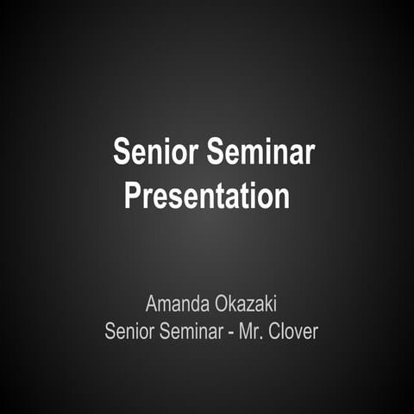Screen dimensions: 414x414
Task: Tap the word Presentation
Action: [206, 195]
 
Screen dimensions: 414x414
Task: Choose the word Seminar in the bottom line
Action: [192, 330]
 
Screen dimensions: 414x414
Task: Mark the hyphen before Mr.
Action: [232, 332]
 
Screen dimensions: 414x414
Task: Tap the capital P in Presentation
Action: [133, 195]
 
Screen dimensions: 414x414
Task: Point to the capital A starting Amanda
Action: [152, 304]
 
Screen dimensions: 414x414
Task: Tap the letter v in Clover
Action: [298, 332]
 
